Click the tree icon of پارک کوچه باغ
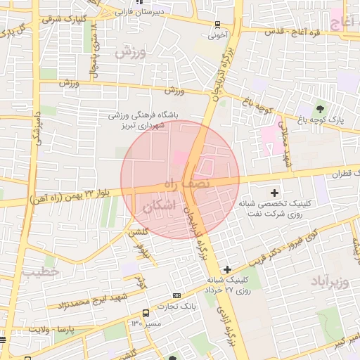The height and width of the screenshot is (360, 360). (321, 109)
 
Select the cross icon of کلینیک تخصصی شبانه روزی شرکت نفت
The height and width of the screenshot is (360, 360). (274, 192)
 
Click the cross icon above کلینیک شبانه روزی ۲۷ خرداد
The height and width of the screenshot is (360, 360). (226, 269)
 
